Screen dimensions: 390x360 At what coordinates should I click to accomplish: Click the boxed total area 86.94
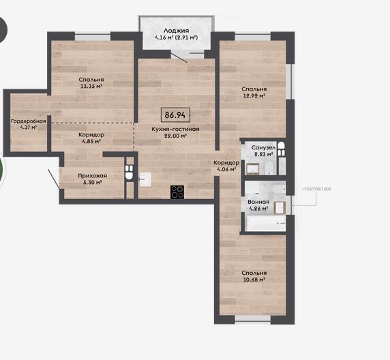point(175,115)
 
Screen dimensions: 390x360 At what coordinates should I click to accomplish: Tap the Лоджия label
point(176,31)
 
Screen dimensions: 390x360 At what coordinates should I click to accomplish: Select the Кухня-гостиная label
point(176,130)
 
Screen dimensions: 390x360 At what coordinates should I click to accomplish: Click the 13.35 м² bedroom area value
point(91,87)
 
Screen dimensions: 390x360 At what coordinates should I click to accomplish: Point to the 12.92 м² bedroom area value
point(254,95)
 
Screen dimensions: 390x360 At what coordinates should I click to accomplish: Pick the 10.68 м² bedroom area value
point(254,280)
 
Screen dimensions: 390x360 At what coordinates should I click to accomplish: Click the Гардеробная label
point(29,121)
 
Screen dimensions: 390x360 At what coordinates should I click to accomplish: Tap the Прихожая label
point(93,176)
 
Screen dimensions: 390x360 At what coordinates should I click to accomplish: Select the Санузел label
point(263,148)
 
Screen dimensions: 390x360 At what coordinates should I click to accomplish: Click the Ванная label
point(258,202)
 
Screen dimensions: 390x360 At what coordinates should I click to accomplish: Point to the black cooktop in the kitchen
point(177,192)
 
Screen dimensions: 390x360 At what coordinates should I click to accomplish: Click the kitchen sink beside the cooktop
point(145,179)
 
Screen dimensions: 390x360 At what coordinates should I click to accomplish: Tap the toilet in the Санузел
point(281,149)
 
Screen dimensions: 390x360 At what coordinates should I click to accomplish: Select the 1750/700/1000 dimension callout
point(316,189)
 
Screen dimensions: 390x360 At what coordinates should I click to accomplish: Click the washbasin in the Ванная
point(280,208)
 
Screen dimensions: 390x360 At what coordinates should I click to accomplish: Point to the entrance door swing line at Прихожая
point(53,179)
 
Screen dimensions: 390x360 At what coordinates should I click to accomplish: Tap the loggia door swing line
point(179,57)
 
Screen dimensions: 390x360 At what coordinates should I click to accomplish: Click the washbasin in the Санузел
point(253,169)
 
